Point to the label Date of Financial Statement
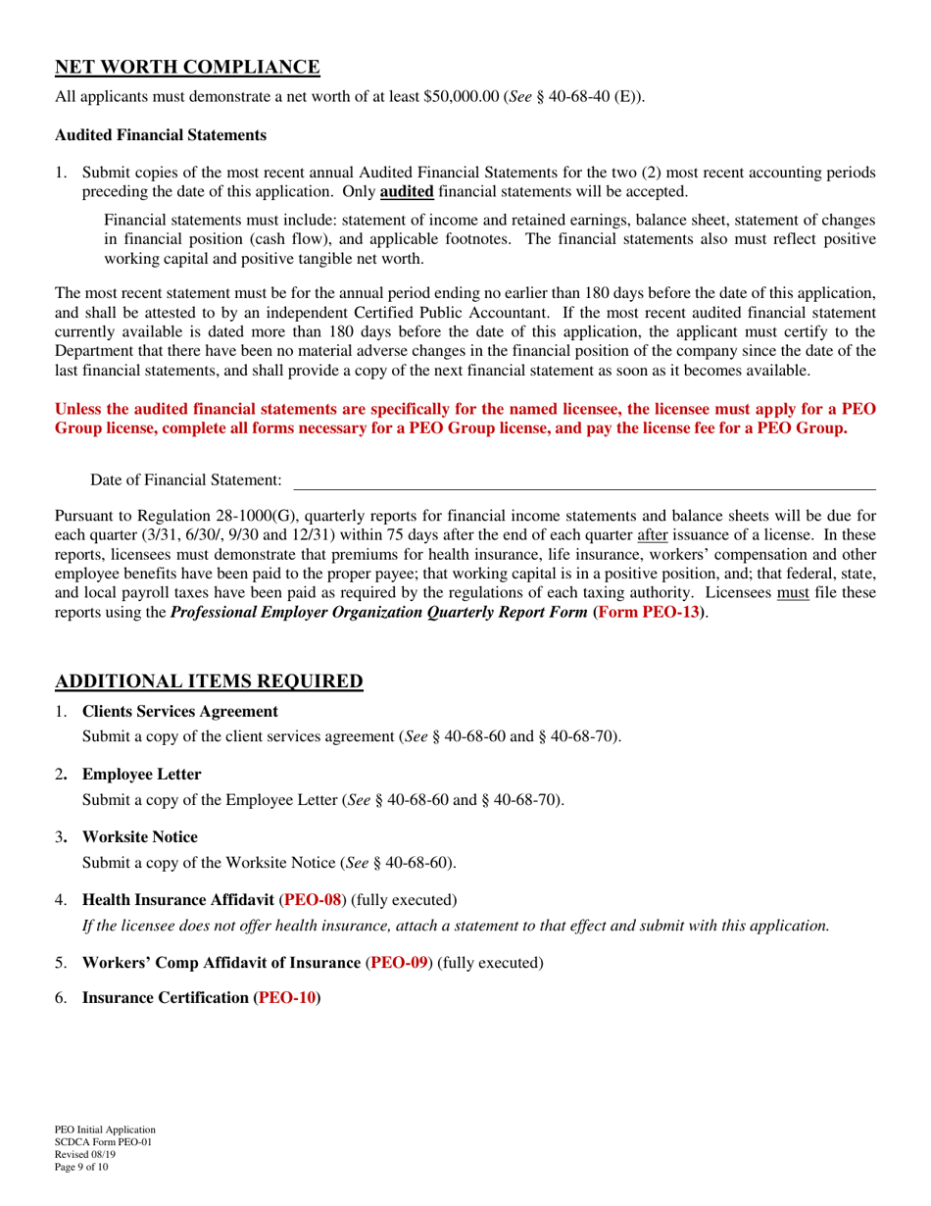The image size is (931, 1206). [186, 479]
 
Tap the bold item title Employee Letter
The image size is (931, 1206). [142, 775]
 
